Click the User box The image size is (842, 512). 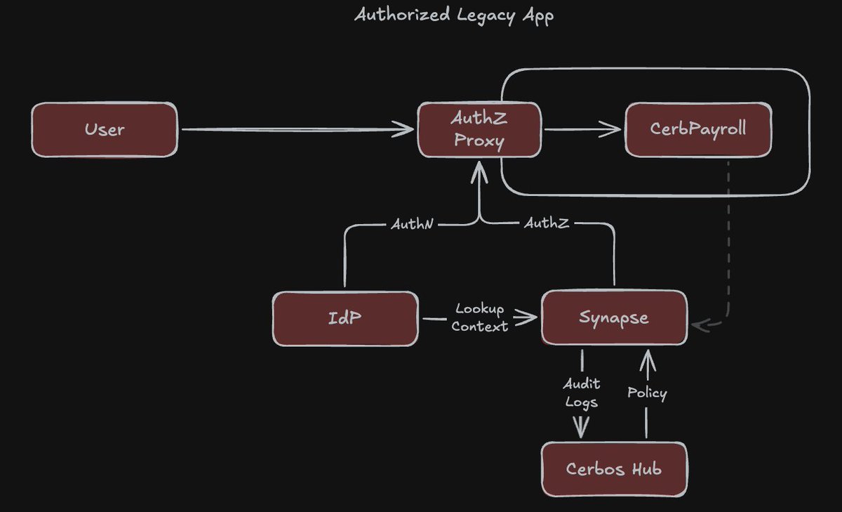(x=105, y=130)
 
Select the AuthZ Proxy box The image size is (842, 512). (x=480, y=130)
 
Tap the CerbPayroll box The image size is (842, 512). (x=697, y=130)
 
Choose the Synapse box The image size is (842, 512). (x=614, y=318)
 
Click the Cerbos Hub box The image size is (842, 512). (x=614, y=468)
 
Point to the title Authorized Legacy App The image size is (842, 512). (x=454, y=15)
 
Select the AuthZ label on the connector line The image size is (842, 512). (x=546, y=224)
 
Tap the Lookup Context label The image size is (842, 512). (x=480, y=317)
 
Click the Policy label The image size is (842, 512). (x=647, y=393)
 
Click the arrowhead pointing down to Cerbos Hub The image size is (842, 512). (x=581, y=427)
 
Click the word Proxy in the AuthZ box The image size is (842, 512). (x=479, y=140)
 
